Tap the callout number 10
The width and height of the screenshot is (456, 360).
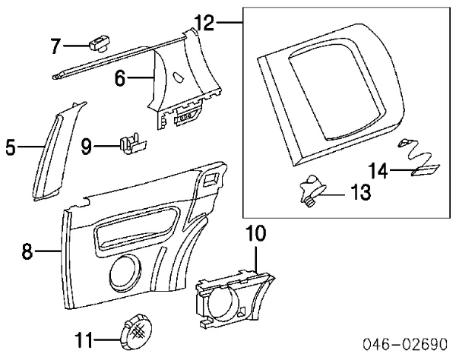(256, 235)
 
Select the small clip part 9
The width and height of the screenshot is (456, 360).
(131, 144)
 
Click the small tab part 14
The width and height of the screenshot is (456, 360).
(423, 171)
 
